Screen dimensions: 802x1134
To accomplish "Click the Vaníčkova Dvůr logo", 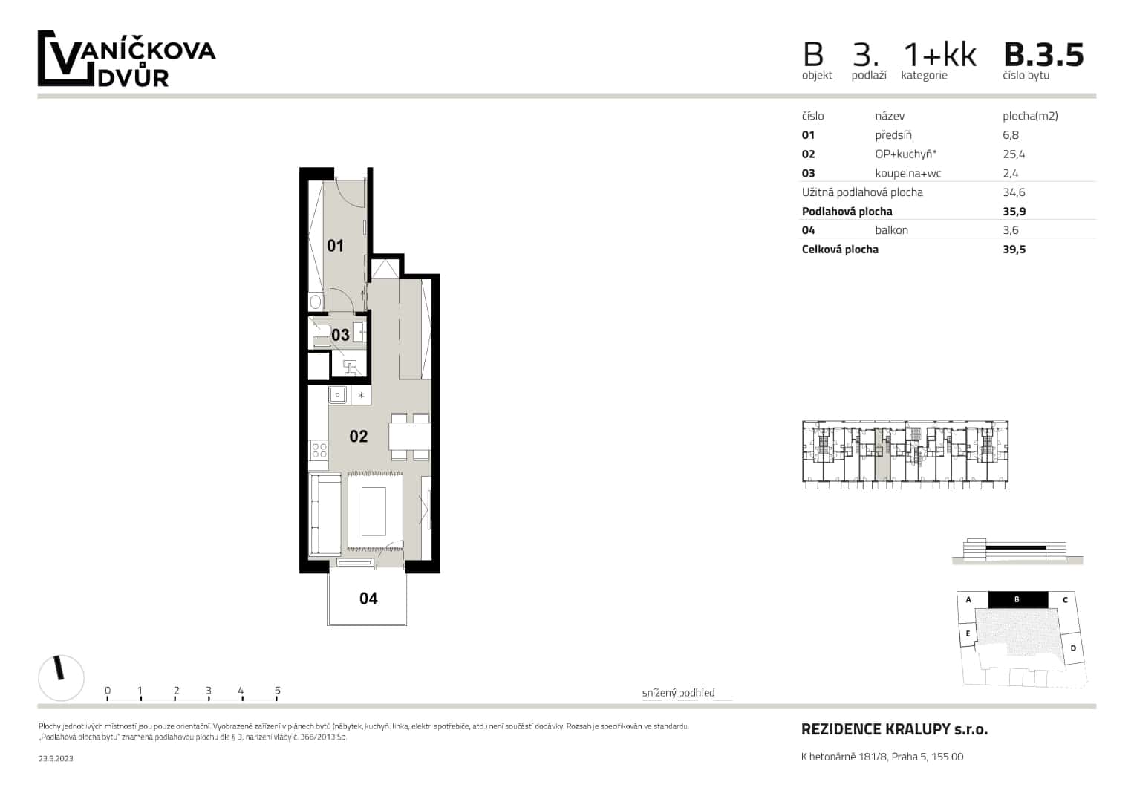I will (x=126, y=59).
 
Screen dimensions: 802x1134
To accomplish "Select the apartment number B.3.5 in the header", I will (x=1043, y=55).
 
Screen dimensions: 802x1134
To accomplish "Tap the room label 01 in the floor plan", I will (x=335, y=246).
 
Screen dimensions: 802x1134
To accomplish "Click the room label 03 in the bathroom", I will (x=340, y=335).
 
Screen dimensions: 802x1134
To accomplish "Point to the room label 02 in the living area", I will (x=358, y=437).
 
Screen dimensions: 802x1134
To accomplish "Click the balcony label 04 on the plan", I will (x=368, y=599).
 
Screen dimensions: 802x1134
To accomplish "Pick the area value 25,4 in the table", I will (x=1013, y=154).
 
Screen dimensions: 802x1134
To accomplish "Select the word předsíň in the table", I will (x=893, y=135).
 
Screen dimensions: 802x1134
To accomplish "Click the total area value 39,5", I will (x=1014, y=250).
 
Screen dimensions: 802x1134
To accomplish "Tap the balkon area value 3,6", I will (x=1010, y=230).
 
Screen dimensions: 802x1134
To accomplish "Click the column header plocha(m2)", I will (x=1029, y=116).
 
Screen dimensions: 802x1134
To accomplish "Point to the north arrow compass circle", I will (x=61, y=678).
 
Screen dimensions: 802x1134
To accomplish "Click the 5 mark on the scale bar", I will (x=277, y=691).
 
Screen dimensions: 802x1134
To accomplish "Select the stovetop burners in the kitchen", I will (x=319, y=449).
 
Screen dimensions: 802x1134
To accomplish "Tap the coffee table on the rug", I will (x=373, y=512).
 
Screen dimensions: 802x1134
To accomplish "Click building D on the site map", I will (x=1072, y=648).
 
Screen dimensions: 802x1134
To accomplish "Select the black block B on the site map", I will (x=1017, y=599).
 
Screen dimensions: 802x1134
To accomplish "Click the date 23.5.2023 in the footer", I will (x=56, y=758).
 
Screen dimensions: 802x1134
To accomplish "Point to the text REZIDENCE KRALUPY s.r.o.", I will (x=894, y=729).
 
